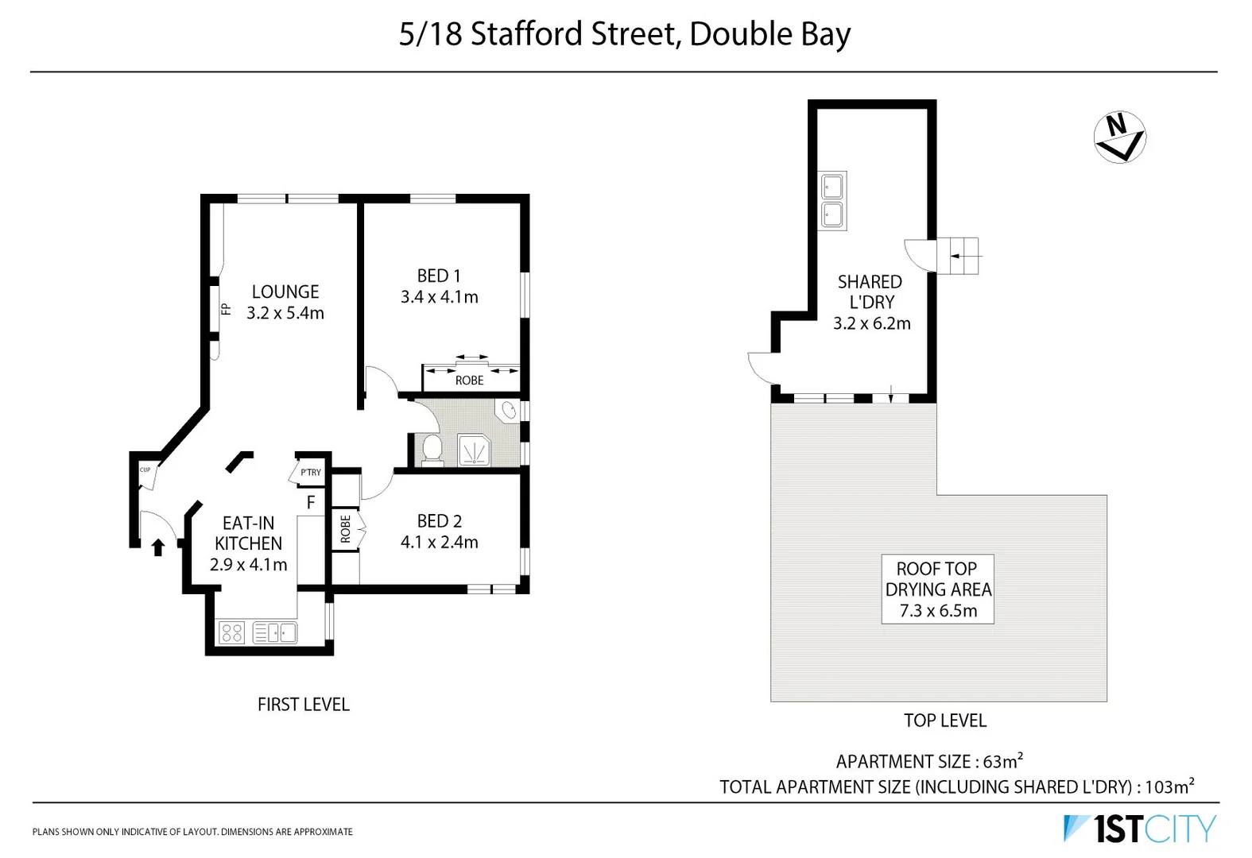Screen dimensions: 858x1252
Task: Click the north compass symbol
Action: [1119, 137]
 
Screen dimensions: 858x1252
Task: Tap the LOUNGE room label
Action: [285, 292]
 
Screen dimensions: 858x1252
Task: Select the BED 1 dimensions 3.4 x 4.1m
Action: [439, 297]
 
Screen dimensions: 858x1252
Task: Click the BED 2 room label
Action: [439, 521]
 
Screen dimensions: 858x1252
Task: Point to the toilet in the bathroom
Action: [432, 448]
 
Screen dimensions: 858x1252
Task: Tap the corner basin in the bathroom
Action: [507, 411]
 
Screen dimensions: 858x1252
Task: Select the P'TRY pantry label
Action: [310, 473]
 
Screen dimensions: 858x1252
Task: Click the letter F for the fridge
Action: [311, 502]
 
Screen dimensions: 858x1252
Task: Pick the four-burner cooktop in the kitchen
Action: [231, 633]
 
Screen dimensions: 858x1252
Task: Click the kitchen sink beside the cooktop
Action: [275, 633]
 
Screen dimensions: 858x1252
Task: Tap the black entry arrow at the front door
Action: [157, 547]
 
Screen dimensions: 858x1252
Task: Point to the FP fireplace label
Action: [226, 309]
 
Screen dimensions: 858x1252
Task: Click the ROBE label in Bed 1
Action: [469, 381]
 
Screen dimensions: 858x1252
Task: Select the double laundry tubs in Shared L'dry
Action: [832, 200]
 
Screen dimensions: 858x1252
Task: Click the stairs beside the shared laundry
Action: [959, 256]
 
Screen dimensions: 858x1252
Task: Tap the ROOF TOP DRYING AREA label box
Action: [937, 589]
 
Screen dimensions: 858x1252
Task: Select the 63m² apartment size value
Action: [1002, 761]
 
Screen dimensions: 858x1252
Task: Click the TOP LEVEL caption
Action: [944, 721]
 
